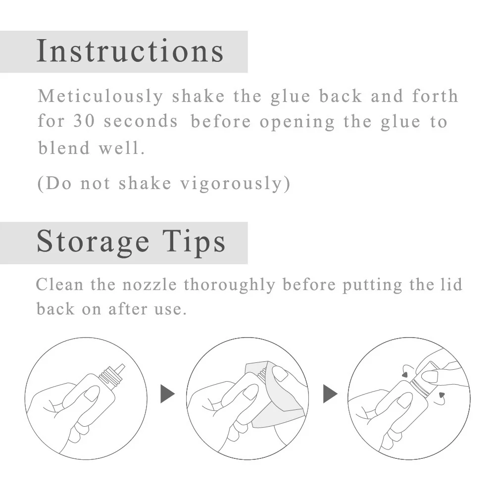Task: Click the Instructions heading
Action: click(x=130, y=51)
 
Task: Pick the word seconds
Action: click(x=141, y=122)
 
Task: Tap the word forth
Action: click(x=435, y=96)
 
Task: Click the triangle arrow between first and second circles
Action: click(x=168, y=395)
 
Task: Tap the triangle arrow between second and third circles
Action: click(x=330, y=395)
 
